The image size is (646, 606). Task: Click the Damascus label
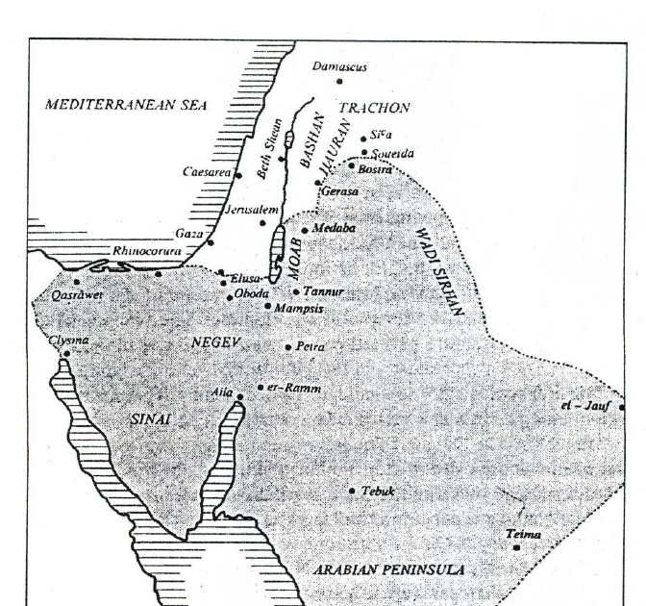(x=340, y=67)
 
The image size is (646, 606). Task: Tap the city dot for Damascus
(x=339, y=82)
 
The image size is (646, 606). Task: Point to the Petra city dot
(x=288, y=347)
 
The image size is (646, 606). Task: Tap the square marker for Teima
(x=516, y=547)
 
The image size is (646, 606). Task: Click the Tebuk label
(x=378, y=491)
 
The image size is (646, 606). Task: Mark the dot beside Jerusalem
(x=262, y=223)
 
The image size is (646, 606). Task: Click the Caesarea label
(x=206, y=173)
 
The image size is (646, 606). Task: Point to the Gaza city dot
(x=210, y=241)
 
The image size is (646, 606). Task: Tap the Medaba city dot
(x=305, y=230)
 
